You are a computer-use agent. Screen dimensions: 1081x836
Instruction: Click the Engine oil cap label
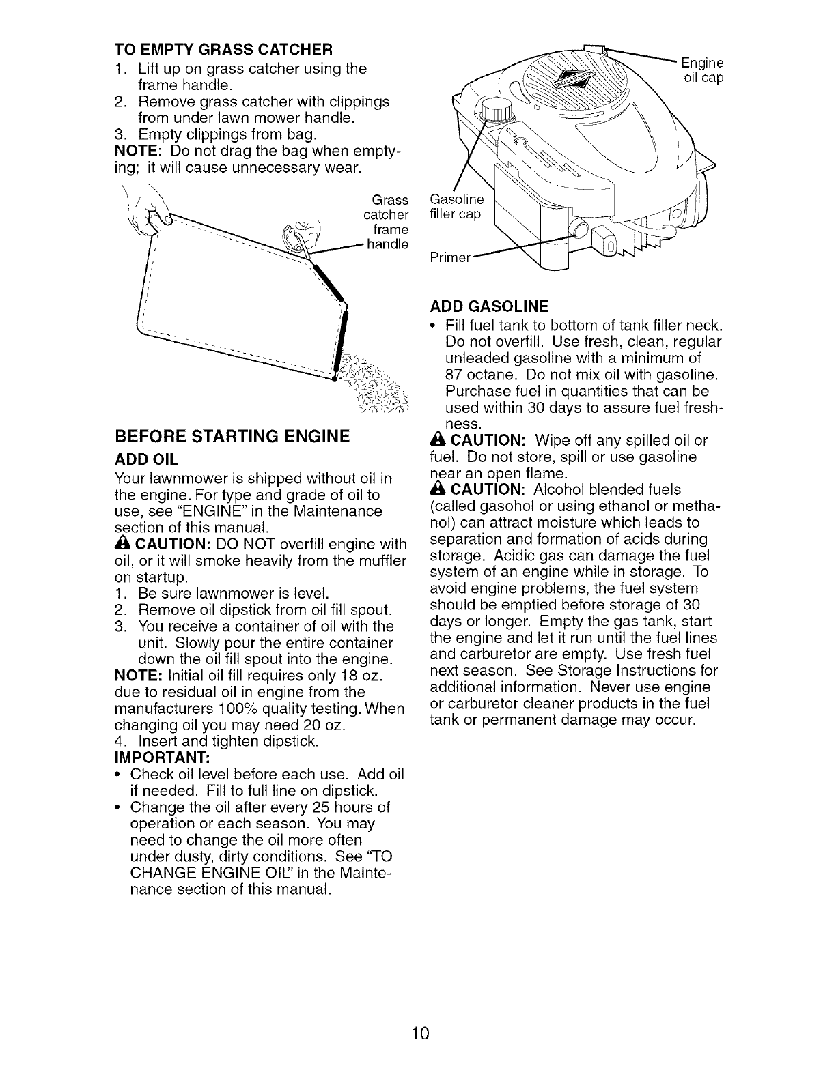coord(703,70)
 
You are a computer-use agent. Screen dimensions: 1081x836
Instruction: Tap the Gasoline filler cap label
coord(455,207)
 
